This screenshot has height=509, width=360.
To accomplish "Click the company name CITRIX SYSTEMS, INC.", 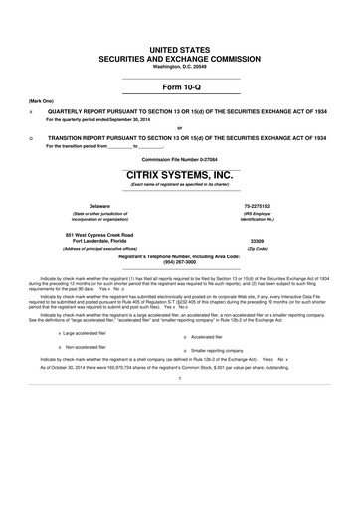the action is [x=179, y=174].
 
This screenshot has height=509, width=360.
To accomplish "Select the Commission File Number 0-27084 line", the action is [x=179, y=159].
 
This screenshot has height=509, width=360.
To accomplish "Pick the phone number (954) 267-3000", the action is [x=179, y=265].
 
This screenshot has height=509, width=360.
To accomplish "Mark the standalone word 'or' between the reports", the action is [x=179, y=126].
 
